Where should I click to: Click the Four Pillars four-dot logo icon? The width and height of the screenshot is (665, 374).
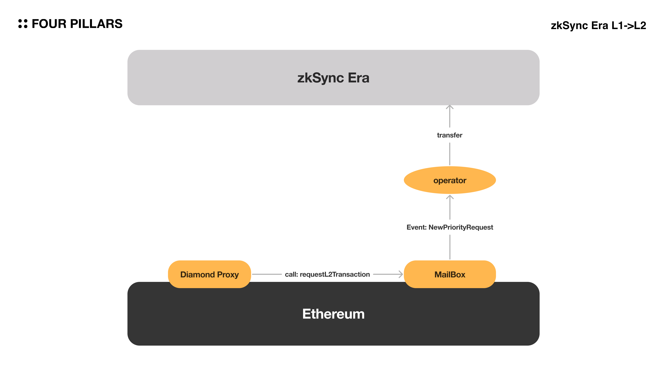click(x=23, y=24)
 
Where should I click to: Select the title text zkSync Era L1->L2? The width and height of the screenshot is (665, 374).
click(x=598, y=26)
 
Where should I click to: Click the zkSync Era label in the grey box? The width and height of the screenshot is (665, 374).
click(x=333, y=78)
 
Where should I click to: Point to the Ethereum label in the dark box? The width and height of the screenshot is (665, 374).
click(x=333, y=314)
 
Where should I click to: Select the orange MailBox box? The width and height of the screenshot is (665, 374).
click(x=450, y=274)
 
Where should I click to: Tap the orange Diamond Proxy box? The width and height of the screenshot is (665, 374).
click(x=209, y=274)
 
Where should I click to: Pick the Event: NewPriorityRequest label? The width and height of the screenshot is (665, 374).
click(x=450, y=227)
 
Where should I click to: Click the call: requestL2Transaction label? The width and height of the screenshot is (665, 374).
click(x=327, y=274)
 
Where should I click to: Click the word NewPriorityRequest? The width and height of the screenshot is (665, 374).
click(x=461, y=227)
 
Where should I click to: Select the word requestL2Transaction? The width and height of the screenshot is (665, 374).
click(x=335, y=274)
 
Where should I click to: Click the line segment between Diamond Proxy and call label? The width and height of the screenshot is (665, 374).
click(x=267, y=274)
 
